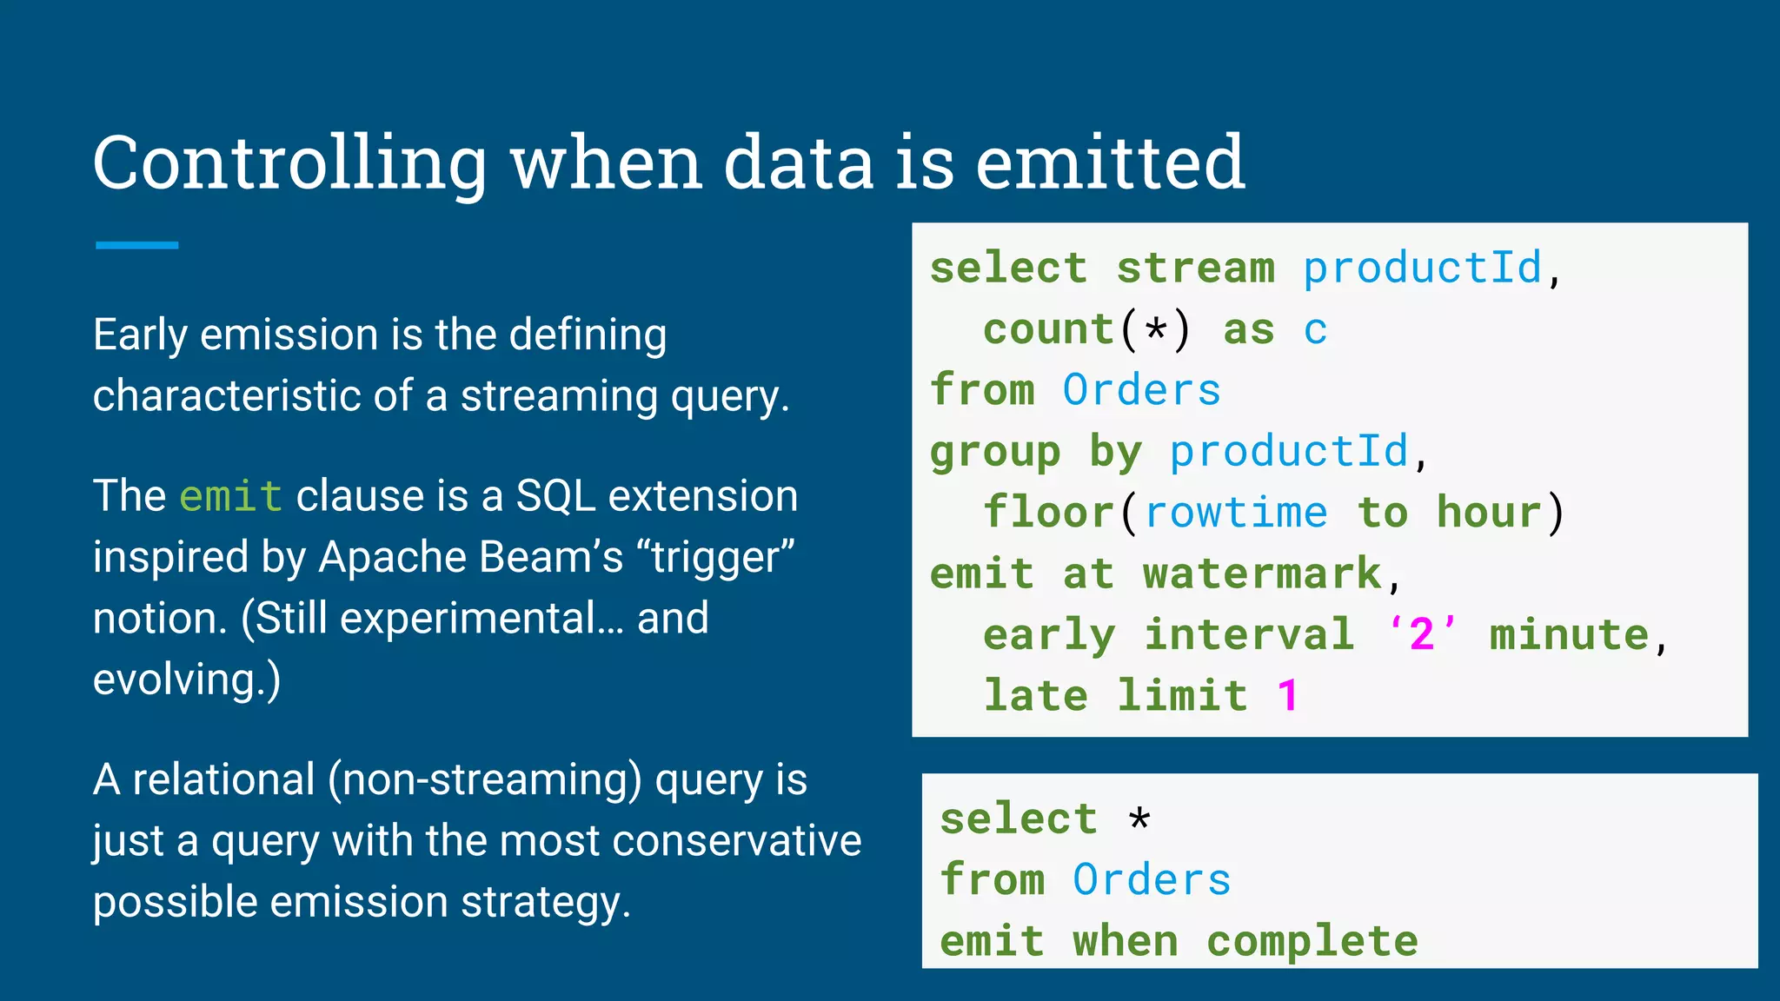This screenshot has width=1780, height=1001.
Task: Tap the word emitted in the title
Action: (1110, 163)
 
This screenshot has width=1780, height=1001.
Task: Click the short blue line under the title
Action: (136, 246)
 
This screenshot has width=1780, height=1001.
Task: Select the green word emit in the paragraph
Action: (230, 496)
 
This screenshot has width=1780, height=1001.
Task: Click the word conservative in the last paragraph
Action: (736, 841)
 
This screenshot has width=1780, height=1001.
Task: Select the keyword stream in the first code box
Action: (1196, 268)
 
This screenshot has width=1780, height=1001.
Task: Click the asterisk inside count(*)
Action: (1156, 330)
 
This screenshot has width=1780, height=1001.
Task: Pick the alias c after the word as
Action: (1315, 330)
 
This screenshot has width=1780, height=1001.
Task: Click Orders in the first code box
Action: (1142, 390)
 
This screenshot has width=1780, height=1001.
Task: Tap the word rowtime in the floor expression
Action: (1236, 513)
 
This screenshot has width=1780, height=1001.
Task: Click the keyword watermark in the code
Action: (1262, 573)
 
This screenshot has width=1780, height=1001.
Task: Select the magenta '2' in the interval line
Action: (1422, 634)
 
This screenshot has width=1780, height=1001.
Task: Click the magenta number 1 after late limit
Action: (1288, 696)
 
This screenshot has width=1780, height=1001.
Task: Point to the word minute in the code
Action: (1569, 634)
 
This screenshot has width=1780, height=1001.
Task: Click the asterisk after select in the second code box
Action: (1139, 819)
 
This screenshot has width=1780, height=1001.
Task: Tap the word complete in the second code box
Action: (1312, 941)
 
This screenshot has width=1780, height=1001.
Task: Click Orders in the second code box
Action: (1152, 880)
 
